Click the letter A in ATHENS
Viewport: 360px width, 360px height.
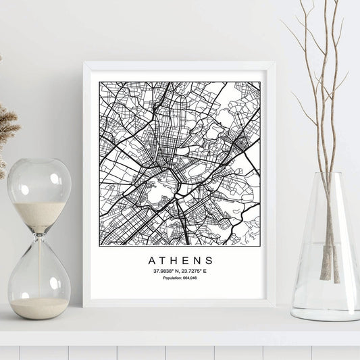(x=149, y=260)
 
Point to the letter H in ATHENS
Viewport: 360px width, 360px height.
(x=174, y=260)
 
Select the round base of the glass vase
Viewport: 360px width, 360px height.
(x=326, y=314)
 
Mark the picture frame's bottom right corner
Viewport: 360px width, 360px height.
(x=274, y=306)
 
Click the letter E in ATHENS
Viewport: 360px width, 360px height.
(x=186, y=260)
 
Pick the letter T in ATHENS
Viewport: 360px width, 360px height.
(x=161, y=260)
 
